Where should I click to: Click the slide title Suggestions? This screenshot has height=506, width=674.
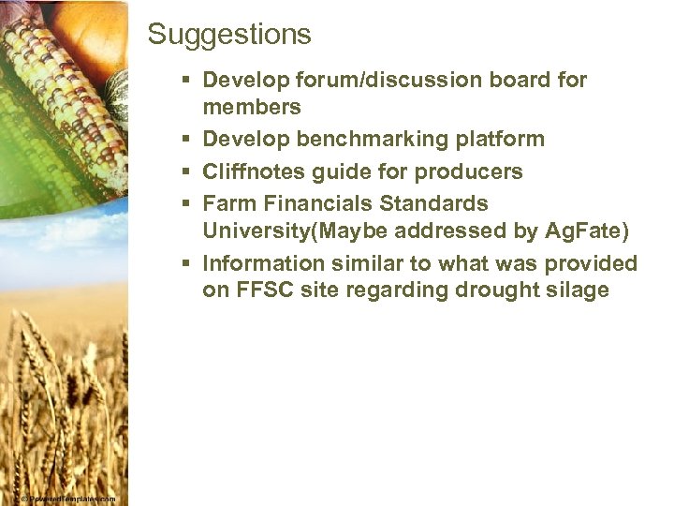click(229, 35)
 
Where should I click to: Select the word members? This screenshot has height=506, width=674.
click(252, 107)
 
